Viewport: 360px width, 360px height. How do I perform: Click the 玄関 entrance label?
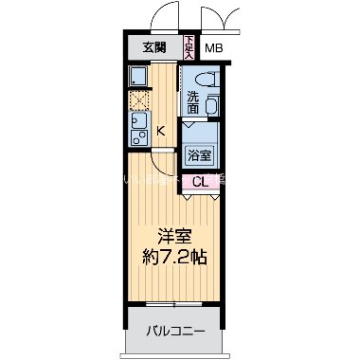click(155, 48)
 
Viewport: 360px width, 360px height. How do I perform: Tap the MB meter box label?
click(214, 48)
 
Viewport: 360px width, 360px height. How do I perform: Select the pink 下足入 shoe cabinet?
click(189, 47)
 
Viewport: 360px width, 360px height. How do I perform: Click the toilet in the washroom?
click(202, 79)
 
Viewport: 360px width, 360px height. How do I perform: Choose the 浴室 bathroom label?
click(199, 155)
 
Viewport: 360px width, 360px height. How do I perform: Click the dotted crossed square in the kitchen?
click(137, 99)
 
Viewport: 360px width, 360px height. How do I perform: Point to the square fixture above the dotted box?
click(137, 78)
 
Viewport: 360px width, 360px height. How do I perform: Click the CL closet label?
click(200, 182)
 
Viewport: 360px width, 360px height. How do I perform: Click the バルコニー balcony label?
click(175, 331)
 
